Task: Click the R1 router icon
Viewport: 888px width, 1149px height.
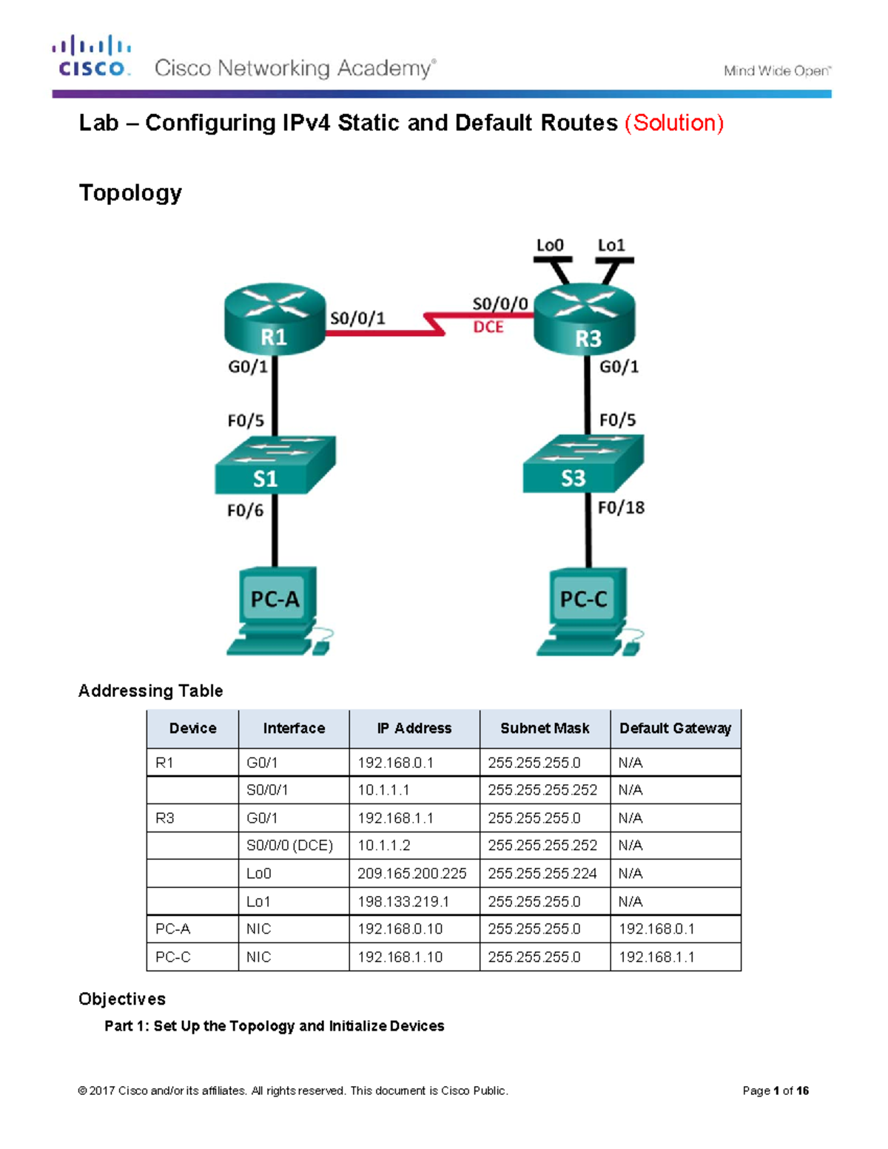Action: (x=275, y=319)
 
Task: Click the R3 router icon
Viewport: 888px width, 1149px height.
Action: (x=585, y=320)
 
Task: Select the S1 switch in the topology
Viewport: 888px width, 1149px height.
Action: (x=275, y=465)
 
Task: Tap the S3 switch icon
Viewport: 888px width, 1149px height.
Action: (x=582, y=464)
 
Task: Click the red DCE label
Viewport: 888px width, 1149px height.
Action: (x=488, y=327)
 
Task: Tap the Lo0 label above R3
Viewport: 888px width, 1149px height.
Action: (x=550, y=246)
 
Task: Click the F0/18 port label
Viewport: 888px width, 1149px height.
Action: (x=621, y=508)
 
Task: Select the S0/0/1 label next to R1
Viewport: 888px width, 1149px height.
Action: (x=357, y=318)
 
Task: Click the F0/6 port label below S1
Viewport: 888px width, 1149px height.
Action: (x=245, y=511)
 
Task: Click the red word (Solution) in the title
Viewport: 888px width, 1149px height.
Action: (x=674, y=123)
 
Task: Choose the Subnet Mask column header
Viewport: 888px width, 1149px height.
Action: (x=545, y=728)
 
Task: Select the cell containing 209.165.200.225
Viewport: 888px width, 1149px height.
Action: (x=412, y=874)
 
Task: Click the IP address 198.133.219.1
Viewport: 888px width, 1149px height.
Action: (x=403, y=902)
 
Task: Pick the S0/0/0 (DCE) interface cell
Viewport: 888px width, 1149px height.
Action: (x=289, y=846)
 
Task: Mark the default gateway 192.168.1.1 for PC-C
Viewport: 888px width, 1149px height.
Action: (x=656, y=957)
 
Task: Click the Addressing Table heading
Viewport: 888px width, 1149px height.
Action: (x=150, y=691)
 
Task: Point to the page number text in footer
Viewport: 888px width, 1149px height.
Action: (x=775, y=1091)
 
